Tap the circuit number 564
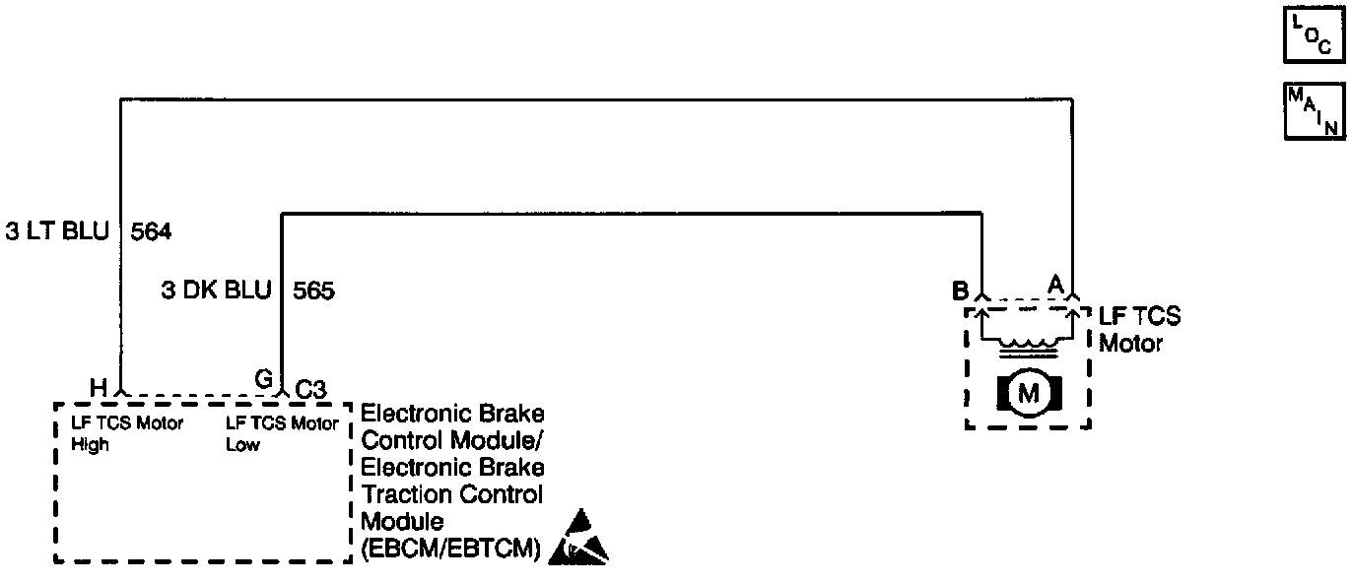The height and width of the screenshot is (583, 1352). click(x=151, y=233)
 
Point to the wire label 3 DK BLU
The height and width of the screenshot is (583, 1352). click(x=216, y=291)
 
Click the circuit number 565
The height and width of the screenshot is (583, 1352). click(x=314, y=291)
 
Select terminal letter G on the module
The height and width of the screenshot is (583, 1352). click(x=264, y=379)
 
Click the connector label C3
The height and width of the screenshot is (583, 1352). click(x=311, y=389)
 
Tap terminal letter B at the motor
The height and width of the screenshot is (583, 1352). click(x=959, y=291)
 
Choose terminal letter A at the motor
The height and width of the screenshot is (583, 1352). click(x=1055, y=284)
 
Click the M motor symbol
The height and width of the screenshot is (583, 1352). click(x=1028, y=394)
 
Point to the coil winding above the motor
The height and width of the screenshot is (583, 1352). click(x=1028, y=346)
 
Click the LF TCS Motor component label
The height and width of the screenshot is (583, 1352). click(x=1139, y=331)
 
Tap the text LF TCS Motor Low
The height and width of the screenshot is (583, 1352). click(x=282, y=434)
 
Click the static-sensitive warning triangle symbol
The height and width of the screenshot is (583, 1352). click(x=579, y=538)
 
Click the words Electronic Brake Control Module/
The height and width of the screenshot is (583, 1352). click(x=453, y=424)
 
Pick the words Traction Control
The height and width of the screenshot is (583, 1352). click(x=452, y=493)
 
